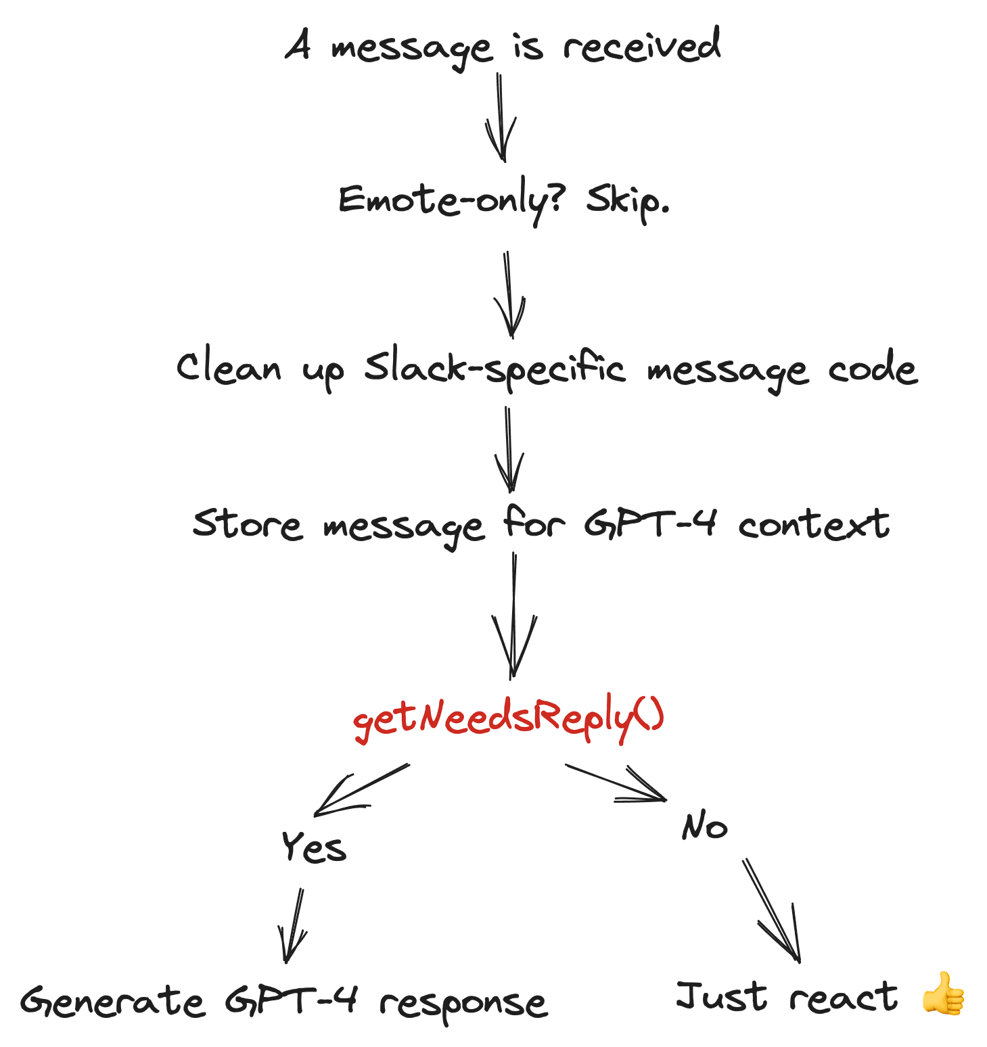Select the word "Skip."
627,200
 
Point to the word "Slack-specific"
495,369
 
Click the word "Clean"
228,369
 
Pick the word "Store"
247,524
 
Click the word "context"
814,525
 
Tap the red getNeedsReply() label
509,718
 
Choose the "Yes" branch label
314,847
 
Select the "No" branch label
704,826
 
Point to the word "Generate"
112,1002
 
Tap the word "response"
463,1004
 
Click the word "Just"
722,996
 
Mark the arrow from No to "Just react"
772,910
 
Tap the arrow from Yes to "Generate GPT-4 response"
292,925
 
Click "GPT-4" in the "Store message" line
649,523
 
